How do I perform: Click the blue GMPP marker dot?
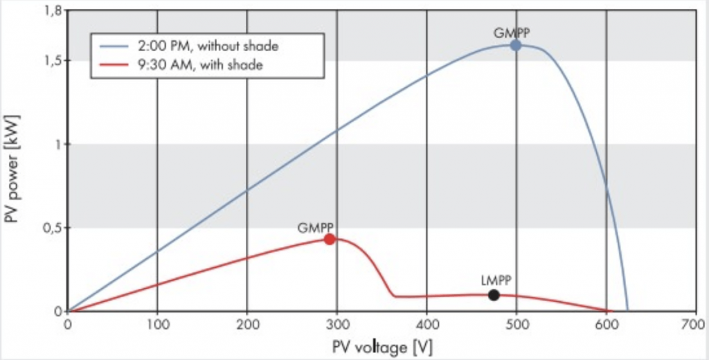click(516, 45)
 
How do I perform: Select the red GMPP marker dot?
click(330, 239)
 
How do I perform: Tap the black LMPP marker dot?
click(494, 295)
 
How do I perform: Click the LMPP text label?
click(494, 280)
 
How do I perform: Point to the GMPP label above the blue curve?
click(512, 32)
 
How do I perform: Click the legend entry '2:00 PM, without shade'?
click(208, 47)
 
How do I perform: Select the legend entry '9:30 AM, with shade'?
click(201, 64)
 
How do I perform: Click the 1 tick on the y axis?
click(57, 144)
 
